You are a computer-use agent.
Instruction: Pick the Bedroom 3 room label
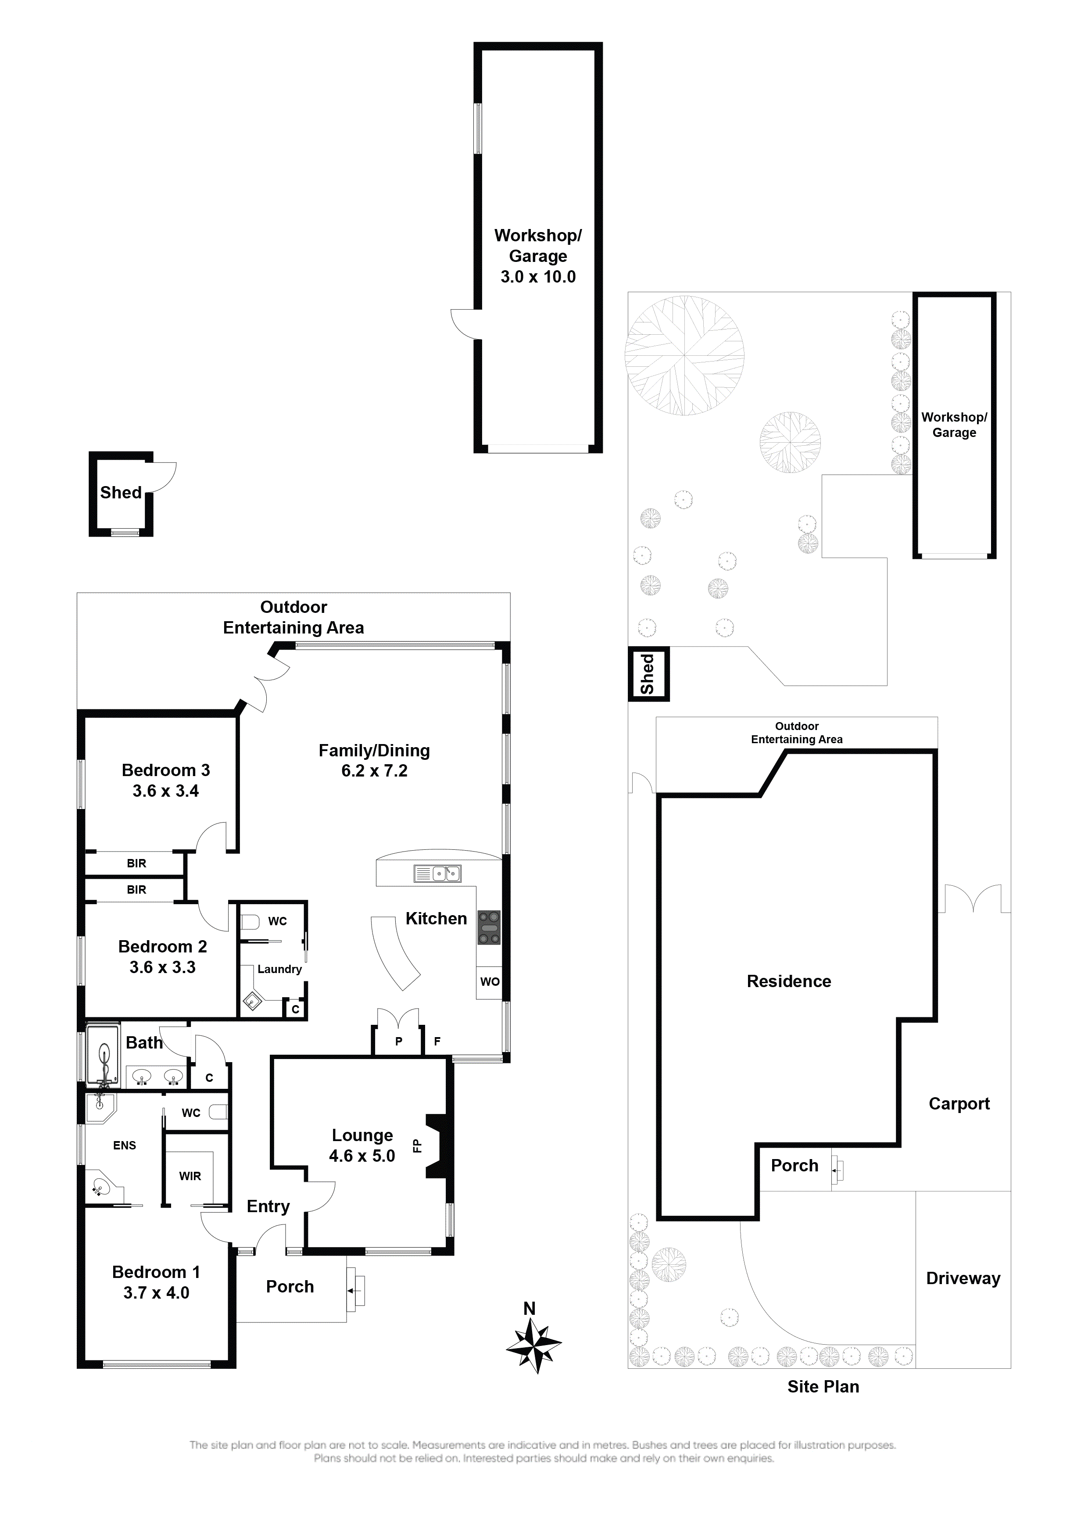point(165,770)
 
